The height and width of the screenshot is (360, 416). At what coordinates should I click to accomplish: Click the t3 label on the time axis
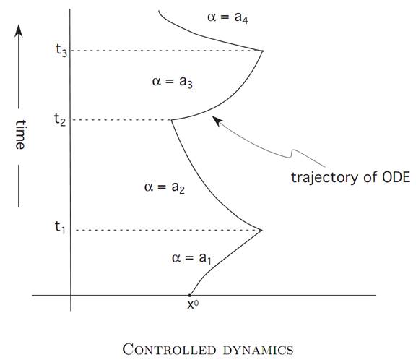[x=61, y=50]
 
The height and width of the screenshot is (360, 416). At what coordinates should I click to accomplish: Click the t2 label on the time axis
[x=60, y=119]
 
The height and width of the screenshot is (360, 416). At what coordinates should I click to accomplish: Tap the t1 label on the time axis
[x=60, y=228]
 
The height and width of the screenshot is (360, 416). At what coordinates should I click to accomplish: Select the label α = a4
[x=227, y=18]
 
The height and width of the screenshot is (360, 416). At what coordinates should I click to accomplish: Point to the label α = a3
[x=172, y=82]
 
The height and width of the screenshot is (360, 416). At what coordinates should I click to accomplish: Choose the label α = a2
[x=165, y=187]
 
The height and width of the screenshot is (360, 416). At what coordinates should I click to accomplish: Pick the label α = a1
[x=191, y=258]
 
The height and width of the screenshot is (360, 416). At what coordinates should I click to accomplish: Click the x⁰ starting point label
[x=193, y=304]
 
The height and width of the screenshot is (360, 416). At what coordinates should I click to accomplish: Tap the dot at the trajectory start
[x=190, y=295]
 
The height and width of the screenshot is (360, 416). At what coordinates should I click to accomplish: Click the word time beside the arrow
[x=20, y=134]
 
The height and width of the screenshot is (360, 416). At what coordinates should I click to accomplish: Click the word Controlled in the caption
[x=170, y=349]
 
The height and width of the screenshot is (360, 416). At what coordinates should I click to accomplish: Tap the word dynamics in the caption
[x=259, y=351]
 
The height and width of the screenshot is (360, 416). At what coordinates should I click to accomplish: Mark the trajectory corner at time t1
[x=261, y=230]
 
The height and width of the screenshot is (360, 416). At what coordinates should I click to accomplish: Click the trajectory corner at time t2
[x=171, y=120]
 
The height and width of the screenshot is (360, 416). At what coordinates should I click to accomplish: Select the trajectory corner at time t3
[x=263, y=51]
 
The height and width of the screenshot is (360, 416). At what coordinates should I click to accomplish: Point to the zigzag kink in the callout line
[x=292, y=154]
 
